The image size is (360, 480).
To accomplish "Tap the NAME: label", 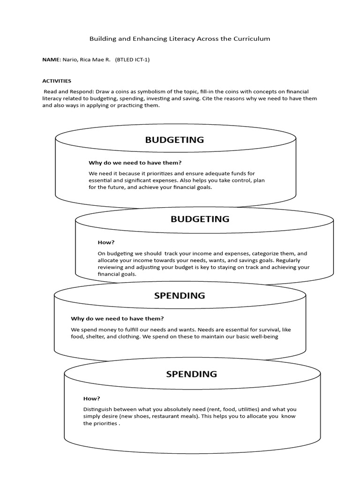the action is (52, 60).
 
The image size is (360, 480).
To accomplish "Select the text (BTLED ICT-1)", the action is (132, 60).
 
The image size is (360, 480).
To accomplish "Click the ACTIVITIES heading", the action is (57, 81).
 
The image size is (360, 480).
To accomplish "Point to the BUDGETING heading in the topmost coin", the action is (174, 140).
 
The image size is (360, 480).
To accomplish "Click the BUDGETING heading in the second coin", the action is (200, 219).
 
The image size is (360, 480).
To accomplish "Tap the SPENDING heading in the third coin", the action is (180, 296).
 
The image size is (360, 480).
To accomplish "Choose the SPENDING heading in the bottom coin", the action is (191, 374).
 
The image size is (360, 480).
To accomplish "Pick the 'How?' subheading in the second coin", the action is (106, 242).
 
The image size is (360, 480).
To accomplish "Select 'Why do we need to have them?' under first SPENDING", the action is (117, 318).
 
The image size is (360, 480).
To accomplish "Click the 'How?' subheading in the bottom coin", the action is (91, 398).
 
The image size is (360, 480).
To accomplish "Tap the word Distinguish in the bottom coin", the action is (97, 409).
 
